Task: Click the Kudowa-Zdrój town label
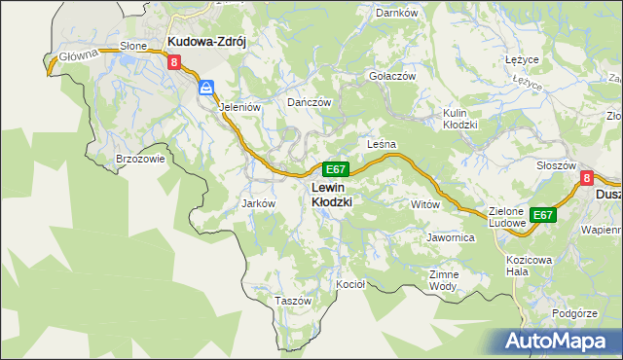tap(209, 42)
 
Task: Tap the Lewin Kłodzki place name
tap(331, 194)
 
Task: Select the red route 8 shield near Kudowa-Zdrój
tap(174, 62)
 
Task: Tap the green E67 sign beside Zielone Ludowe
tap(543, 215)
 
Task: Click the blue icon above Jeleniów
tap(206, 89)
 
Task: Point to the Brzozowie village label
tap(140, 158)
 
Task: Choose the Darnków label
tap(396, 14)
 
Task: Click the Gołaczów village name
tap(392, 76)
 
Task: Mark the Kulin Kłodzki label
tap(458, 119)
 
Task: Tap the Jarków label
tap(259, 203)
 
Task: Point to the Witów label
tap(425, 204)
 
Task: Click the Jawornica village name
tap(450, 236)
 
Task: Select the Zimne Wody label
tap(443, 280)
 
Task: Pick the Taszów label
tap(292, 301)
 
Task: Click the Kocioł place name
tap(349, 284)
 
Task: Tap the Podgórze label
tap(573, 313)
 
